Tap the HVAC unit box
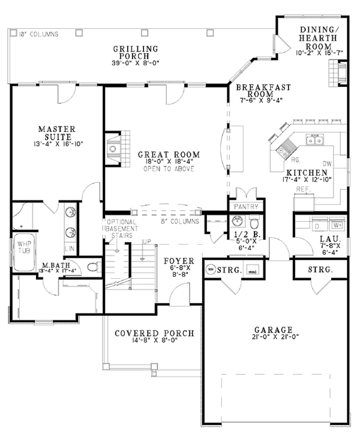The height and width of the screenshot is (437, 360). [x=253, y=270]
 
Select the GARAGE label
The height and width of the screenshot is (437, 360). [x=273, y=330]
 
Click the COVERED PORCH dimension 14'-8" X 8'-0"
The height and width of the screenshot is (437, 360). [x=146, y=342]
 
